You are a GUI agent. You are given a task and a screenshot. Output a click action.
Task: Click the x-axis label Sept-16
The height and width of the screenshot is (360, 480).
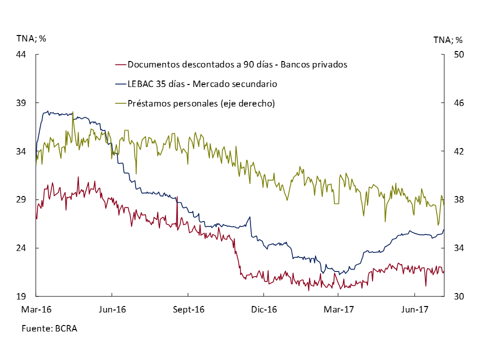(189, 310)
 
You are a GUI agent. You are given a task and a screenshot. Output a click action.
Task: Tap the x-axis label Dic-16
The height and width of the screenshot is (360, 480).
(263, 310)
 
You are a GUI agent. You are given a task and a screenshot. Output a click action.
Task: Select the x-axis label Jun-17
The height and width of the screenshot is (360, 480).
(414, 310)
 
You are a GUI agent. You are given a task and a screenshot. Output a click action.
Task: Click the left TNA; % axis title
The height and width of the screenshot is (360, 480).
(31, 38)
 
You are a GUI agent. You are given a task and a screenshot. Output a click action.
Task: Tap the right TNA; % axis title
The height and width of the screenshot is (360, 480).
(447, 39)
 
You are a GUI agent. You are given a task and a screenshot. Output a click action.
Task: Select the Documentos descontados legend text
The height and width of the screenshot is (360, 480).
(237, 64)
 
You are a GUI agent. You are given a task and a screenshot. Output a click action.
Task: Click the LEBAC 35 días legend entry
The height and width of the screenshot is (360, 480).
(202, 84)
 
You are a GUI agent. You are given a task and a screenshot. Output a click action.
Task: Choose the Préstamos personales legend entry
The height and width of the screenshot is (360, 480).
(201, 103)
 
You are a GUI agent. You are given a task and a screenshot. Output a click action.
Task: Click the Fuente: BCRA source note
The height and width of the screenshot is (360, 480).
(49, 328)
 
